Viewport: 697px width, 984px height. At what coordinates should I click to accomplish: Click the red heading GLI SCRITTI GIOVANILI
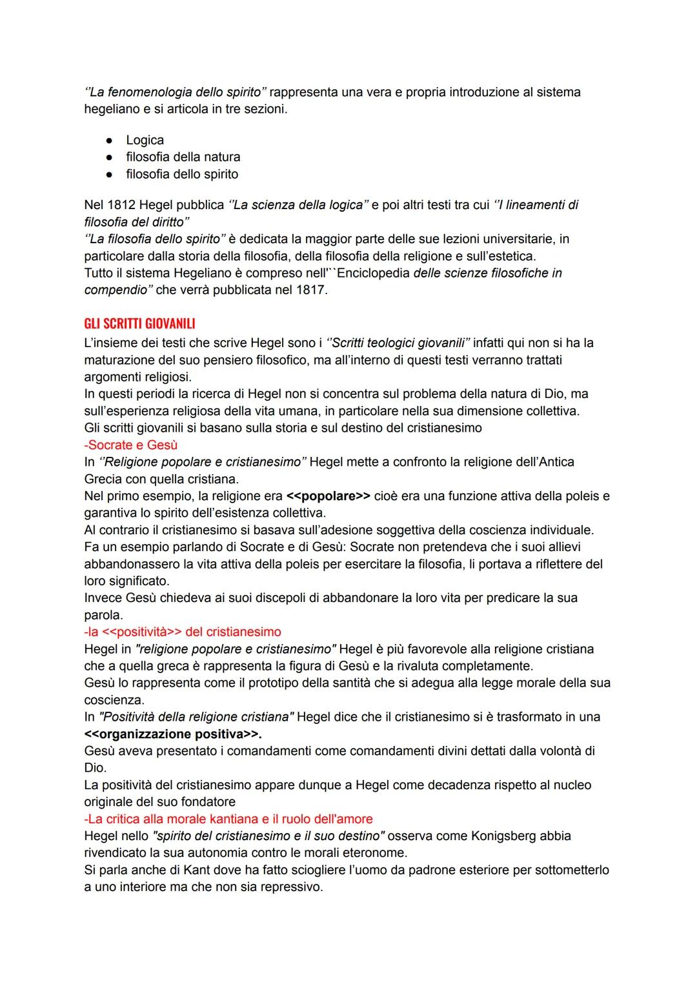(139, 323)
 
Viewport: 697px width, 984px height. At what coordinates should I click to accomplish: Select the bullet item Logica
(145, 140)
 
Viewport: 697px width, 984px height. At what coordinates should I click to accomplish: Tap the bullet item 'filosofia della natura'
(183, 157)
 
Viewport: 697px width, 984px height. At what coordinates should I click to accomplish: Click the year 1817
(310, 290)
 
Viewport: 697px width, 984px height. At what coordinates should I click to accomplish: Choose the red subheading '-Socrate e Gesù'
(130, 445)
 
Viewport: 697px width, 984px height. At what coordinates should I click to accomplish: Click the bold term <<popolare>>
(328, 496)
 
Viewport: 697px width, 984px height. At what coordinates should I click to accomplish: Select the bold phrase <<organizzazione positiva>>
(172, 734)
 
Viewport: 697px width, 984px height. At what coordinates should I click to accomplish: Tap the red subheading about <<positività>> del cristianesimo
(183, 632)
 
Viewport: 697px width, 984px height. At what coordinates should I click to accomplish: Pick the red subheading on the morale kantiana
(228, 819)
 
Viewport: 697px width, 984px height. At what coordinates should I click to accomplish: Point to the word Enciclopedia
(373, 273)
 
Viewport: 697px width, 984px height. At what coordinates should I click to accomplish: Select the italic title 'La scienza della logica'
(301, 205)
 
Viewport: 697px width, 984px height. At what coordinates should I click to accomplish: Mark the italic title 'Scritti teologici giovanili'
(399, 343)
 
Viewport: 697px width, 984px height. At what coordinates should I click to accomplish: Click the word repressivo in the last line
(290, 887)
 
